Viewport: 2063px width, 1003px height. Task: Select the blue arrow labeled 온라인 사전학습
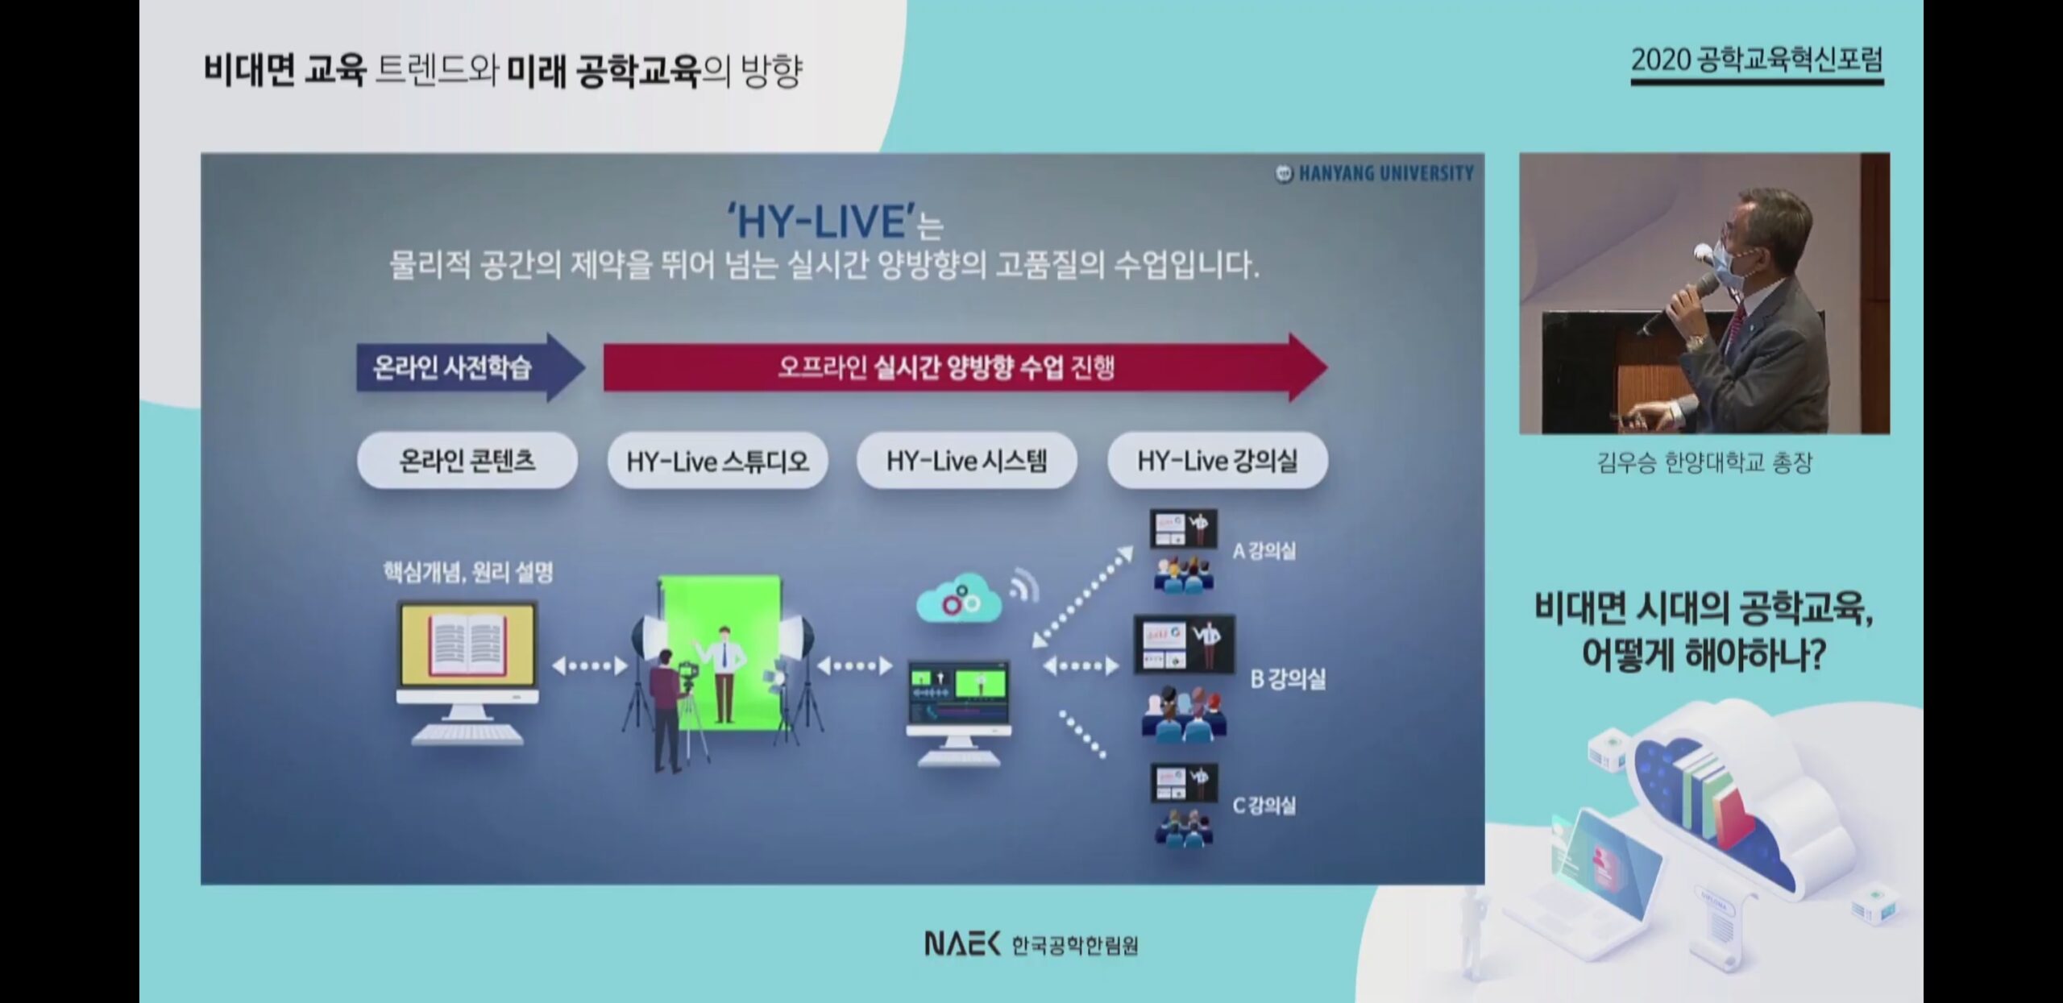click(471, 367)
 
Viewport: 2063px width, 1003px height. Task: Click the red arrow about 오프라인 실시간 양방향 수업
click(965, 367)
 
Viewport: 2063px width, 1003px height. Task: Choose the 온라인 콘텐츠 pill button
click(467, 461)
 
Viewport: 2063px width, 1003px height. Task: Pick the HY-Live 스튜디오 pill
click(717, 461)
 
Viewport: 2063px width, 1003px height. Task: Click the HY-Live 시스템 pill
click(967, 461)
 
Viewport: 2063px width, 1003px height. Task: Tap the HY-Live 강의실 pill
click(1218, 461)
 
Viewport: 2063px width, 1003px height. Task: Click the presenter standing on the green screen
click(723, 674)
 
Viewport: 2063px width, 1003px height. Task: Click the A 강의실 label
click(1264, 551)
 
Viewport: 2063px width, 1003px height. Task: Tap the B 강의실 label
click(1288, 679)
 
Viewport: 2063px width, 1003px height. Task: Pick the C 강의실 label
click(1264, 805)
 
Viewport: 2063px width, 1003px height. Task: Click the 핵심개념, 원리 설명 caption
click(468, 573)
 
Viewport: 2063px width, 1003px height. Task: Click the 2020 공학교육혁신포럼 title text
click(1757, 60)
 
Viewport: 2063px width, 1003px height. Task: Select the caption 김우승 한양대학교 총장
click(1704, 462)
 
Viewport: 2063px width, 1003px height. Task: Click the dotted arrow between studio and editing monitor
click(854, 666)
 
